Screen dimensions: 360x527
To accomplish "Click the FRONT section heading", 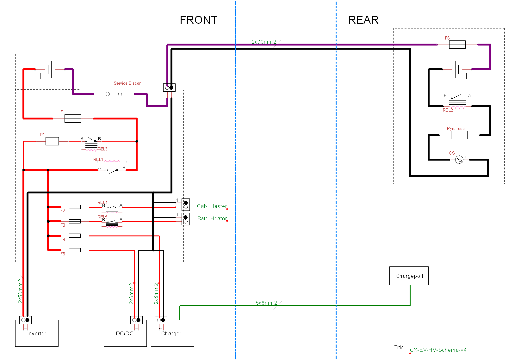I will [x=199, y=20].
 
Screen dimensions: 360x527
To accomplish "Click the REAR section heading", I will [x=363, y=20].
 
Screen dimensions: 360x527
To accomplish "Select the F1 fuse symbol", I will [x=73, y=119].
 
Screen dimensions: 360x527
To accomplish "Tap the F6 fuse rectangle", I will [x=457, y=45].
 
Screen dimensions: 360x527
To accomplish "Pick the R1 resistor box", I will [x=52, y=141].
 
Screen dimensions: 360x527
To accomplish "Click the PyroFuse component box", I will [x=459, y=135].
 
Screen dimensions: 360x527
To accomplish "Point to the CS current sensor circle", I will [x=459, y=160].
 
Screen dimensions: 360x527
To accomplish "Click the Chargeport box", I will [x=409, y=276].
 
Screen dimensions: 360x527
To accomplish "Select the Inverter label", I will [x=37, y=333].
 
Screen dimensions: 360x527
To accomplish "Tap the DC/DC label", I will [x=125, y=333].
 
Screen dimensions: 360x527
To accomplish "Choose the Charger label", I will [x=171, y=333].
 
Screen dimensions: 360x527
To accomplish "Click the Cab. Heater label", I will [x=212, y=206].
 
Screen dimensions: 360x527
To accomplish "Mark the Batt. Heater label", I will [x=212, y=218].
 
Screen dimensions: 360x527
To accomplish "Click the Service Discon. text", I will [x=128, y=83].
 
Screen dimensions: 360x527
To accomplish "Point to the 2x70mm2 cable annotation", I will [x=264, y=42].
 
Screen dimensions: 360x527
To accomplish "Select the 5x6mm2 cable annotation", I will [x=266, y=303].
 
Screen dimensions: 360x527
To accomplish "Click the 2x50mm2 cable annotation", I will [x=21, y=291].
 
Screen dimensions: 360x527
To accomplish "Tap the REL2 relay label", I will [x=448, y=110].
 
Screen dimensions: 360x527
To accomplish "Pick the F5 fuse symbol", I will [x=75, y=250].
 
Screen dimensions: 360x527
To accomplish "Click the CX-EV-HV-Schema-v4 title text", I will [x=438, y=350].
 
